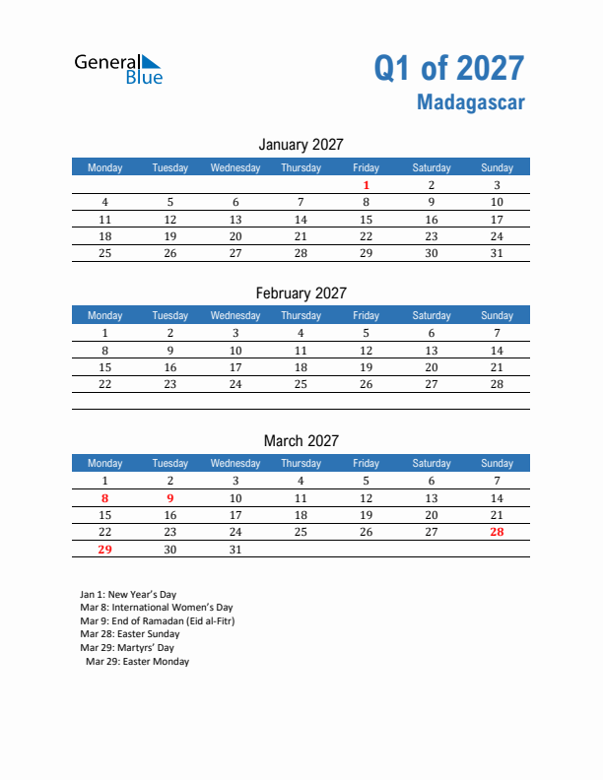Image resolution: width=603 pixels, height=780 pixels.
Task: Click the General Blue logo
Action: (118, 68)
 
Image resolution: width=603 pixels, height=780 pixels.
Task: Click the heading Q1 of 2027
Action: (448, 68)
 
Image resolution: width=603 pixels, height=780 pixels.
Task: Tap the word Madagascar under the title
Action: (470, 101)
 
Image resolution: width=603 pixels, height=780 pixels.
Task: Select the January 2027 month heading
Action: (301, 145)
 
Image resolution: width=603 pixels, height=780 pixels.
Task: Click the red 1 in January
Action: (366, 185)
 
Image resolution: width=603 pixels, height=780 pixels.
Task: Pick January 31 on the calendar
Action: (497, 253)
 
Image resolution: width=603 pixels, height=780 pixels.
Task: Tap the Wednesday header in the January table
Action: (235, 167)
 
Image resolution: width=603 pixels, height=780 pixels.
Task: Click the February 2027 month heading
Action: (301, 292)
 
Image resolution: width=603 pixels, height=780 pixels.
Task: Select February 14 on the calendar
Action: (497, 351)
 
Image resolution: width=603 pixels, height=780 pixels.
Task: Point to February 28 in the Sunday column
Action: (497, 384)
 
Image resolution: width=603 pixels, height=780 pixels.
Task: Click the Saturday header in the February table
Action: (432, 315)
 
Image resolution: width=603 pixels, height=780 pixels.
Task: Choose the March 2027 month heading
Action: (301, 440)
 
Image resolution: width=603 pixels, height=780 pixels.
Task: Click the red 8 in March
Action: (105, 498)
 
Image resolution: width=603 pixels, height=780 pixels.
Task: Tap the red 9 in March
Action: (170, 498)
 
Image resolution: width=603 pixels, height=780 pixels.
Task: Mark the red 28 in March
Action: (497, 532)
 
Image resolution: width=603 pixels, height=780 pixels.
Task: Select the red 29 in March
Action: (105, 550)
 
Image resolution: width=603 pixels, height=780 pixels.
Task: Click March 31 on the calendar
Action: (235, 550)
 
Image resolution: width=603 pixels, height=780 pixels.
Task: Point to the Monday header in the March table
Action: (105, 463)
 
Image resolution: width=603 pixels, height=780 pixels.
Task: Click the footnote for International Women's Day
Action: (157, 608)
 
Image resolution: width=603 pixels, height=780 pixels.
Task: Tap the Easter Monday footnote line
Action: (138, 662)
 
